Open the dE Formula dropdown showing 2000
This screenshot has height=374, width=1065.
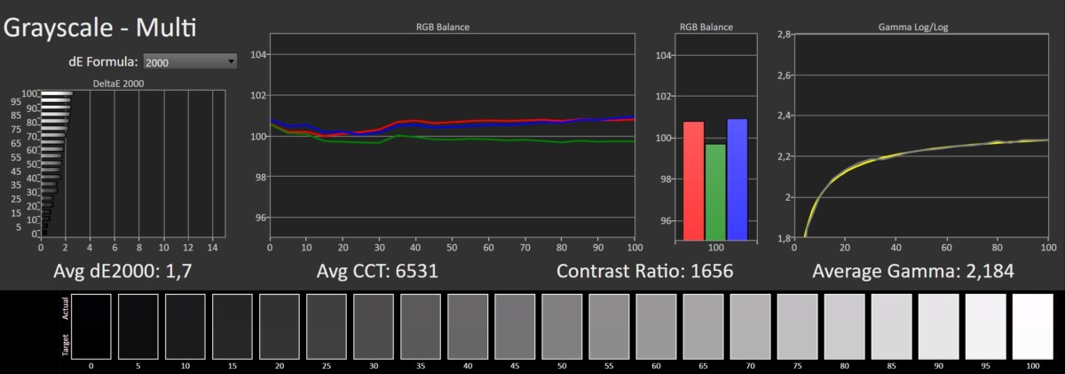[191, 62]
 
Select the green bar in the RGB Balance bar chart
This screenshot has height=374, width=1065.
[715, 192]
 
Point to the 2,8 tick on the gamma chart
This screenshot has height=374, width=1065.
[784, 35]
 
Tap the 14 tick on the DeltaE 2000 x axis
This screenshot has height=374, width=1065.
[212, 244]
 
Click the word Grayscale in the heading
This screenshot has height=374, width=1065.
[58, 28]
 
